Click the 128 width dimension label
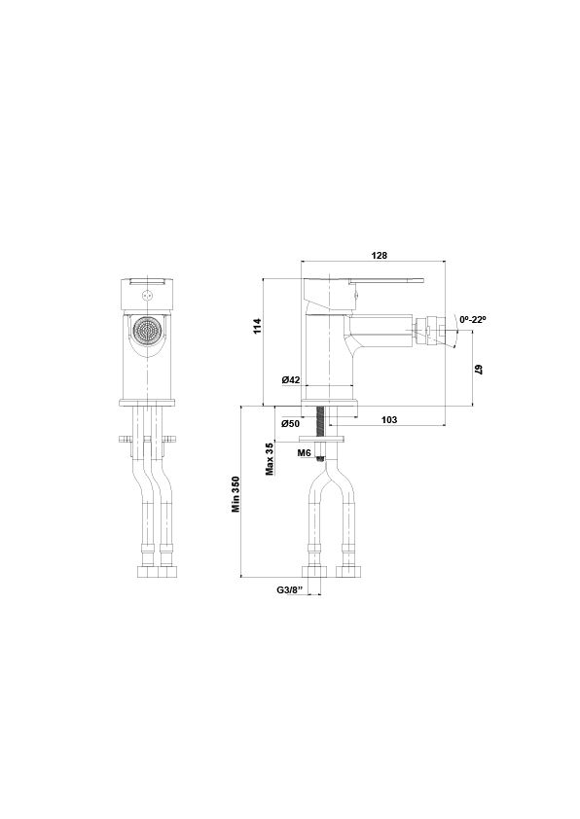click(380, 256)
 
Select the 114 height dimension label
click(257, 327)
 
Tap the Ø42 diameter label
click(291, 379)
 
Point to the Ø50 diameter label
click(291, 423)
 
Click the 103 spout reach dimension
click(388, 419)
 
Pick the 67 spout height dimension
click(478, 370)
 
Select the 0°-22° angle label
click(473, 319)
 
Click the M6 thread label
click(305, 453)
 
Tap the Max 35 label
click(270, 459)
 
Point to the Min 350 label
click(236, 493)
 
